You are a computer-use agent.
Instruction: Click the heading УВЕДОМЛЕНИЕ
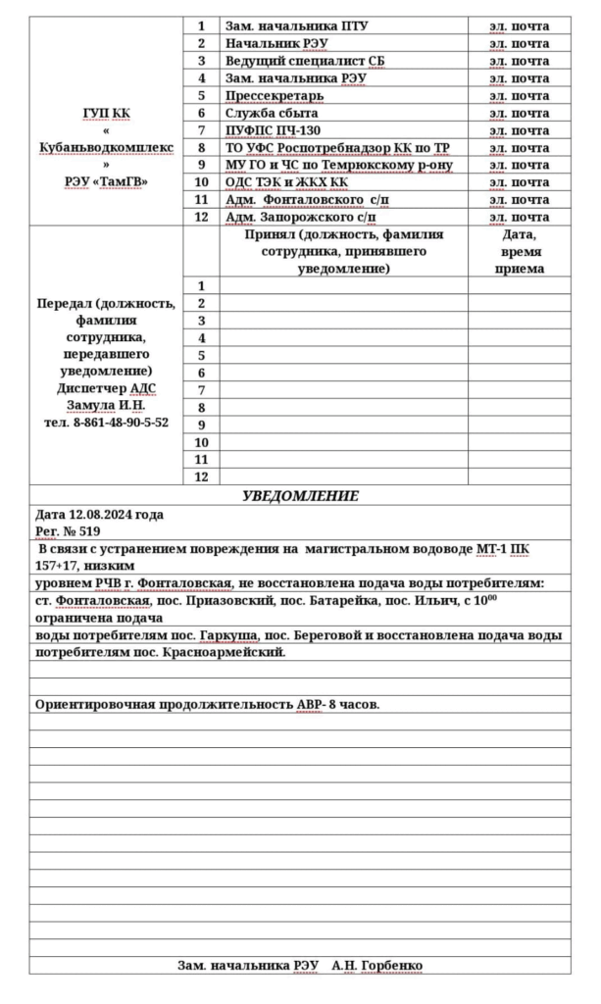tap(300, 496)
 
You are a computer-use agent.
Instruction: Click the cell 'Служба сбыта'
tap(272, 113)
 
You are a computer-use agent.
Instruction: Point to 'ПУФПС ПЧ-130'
tap(274, 130)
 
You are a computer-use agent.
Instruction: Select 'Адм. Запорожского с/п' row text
tap(301, 217)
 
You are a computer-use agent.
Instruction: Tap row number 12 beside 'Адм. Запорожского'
tap(201, 217)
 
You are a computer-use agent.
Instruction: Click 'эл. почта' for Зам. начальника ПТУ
tap(519, 25)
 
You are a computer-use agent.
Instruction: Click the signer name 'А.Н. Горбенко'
tap(377, 966)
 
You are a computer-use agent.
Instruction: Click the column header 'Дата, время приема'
tap(519, 252)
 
